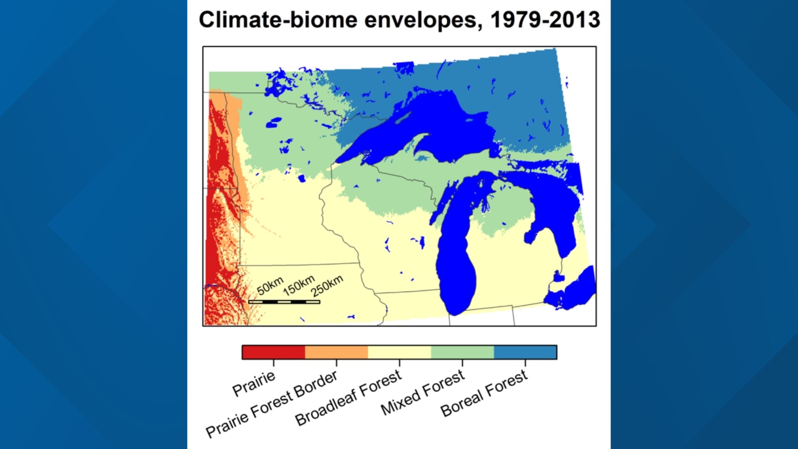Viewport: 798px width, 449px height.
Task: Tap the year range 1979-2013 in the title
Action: coord(545,20)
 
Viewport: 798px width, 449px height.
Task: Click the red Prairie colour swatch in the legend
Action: coord(273,352)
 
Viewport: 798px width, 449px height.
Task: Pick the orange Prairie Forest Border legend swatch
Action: coord(336,352)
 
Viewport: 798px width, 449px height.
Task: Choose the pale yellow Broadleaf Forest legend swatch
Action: coord(399,352)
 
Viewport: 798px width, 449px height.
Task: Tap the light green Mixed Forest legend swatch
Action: coord(462,352)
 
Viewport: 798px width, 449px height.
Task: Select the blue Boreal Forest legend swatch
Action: coord(525,352)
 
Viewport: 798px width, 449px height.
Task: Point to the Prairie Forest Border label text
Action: coord(272,404)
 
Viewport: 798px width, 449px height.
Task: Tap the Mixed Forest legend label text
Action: coord(422,392)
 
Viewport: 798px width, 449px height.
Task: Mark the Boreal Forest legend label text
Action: coord(484,393)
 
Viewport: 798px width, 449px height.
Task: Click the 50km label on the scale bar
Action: coord(270,286)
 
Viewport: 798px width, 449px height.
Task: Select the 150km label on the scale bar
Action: coord(299,285)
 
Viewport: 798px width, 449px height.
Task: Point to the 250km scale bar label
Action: coord(327,286)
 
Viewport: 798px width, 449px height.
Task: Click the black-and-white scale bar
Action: coord(284,302)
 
